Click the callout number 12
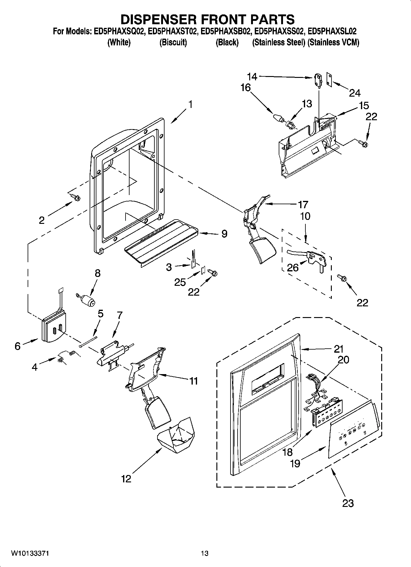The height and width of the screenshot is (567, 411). [x=126, y=478]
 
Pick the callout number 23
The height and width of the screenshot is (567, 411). [x=348, y=503]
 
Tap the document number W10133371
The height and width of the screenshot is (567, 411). [x=30, y=553]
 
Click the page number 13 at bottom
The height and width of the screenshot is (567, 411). [x=205, y=553]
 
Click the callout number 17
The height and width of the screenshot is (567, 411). [x=303, y=204]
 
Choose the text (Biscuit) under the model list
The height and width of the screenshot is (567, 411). [x=173, y=43]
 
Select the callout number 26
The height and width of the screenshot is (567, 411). [x=293, y=267]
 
